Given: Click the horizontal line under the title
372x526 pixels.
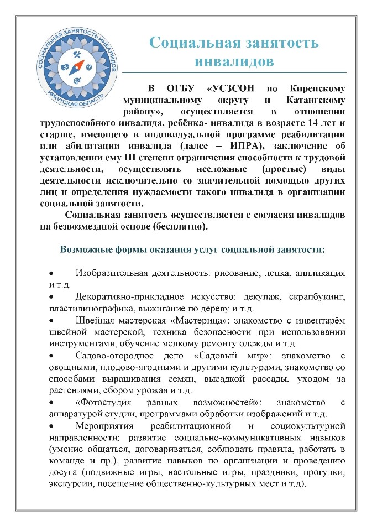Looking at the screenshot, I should click(234, 72).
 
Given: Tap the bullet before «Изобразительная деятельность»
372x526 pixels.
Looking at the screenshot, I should click(51, 274).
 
